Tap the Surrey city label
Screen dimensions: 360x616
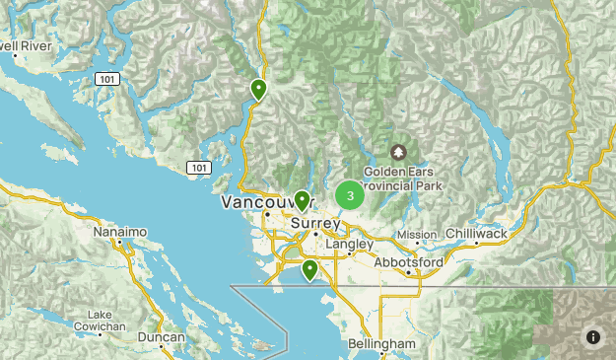click(314, 224)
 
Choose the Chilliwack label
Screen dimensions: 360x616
click(476, 233)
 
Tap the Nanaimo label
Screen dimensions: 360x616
click(120, 232)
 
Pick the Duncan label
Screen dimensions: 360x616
click(161, 337)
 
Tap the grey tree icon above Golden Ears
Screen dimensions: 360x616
click(397, 152)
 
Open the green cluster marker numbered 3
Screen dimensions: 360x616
click(350, 195)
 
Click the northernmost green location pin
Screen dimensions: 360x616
click(258, 90)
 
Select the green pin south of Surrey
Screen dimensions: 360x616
click(309, 268)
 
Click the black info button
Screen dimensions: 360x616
click(593, 337)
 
